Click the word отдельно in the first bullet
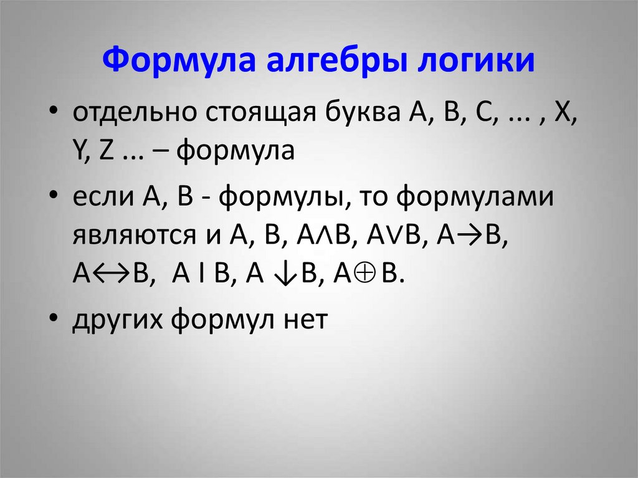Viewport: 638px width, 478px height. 128,115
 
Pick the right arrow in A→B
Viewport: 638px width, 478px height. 465,237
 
